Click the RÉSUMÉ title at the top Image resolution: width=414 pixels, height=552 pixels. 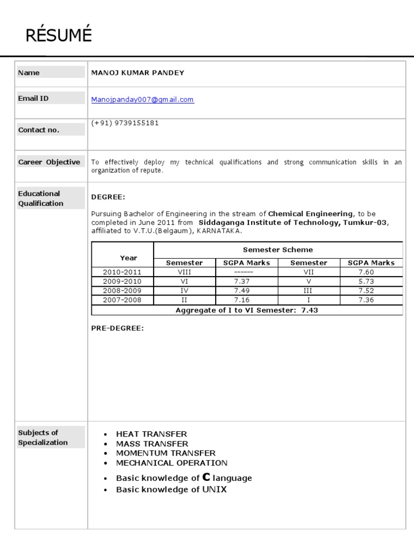[x=59, y=36]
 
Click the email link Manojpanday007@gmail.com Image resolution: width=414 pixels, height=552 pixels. [x=143, y=100]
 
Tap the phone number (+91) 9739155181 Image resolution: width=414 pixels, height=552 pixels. [x=125, y=123]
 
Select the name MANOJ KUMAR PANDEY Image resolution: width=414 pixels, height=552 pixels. [x=138, y=73]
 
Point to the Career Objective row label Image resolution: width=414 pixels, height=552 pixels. [x=49, y=162]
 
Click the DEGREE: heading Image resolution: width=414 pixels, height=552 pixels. [x=108, y=197]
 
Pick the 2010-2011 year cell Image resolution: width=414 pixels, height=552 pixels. [x=122, y=272]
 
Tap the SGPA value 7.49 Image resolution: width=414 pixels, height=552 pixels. [x=246, y=291]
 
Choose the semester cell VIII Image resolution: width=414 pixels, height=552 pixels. [x=184, y=272]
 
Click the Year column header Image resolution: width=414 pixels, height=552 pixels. [x=128, y=258]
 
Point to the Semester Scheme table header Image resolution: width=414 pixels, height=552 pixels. [x=278, y=250]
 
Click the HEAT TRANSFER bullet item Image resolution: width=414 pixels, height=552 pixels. [x=151, y=434]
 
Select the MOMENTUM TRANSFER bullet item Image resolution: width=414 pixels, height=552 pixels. [x=165, y=453]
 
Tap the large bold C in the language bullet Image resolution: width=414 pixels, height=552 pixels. [x=206, y=477]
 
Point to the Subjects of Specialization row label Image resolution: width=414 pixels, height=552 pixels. [x=43, y=437]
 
